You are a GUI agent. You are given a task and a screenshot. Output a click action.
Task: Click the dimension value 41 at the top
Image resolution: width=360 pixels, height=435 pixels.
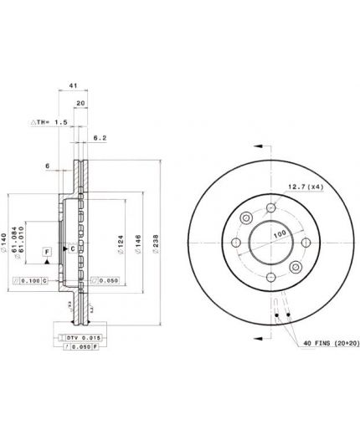click(73, 85)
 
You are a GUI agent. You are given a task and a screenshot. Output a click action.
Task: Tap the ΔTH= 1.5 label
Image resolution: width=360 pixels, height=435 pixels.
click(49, 122)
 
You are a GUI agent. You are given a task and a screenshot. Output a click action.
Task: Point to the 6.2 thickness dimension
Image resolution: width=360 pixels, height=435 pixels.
click(100, 136)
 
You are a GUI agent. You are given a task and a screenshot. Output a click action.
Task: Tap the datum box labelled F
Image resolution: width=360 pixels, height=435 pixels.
click(47, 251)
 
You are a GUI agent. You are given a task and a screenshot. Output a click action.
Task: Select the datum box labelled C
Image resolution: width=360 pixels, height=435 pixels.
click(73, 248)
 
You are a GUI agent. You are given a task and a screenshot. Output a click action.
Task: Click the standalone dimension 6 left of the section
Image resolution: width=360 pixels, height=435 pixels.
click(48, 166)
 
